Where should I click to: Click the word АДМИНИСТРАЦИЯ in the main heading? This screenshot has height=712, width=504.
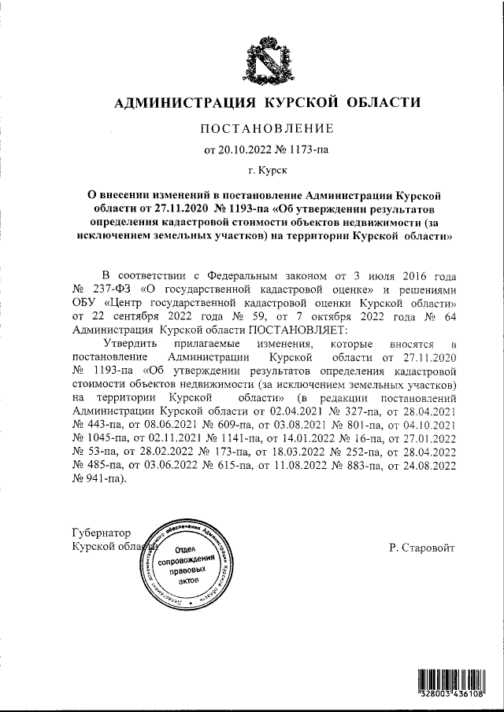pos(180,103)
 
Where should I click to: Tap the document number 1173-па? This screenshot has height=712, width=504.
pos(303,149)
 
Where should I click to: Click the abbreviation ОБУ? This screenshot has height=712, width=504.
pos(85,304)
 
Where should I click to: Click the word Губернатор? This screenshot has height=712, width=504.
pos(102,533)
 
